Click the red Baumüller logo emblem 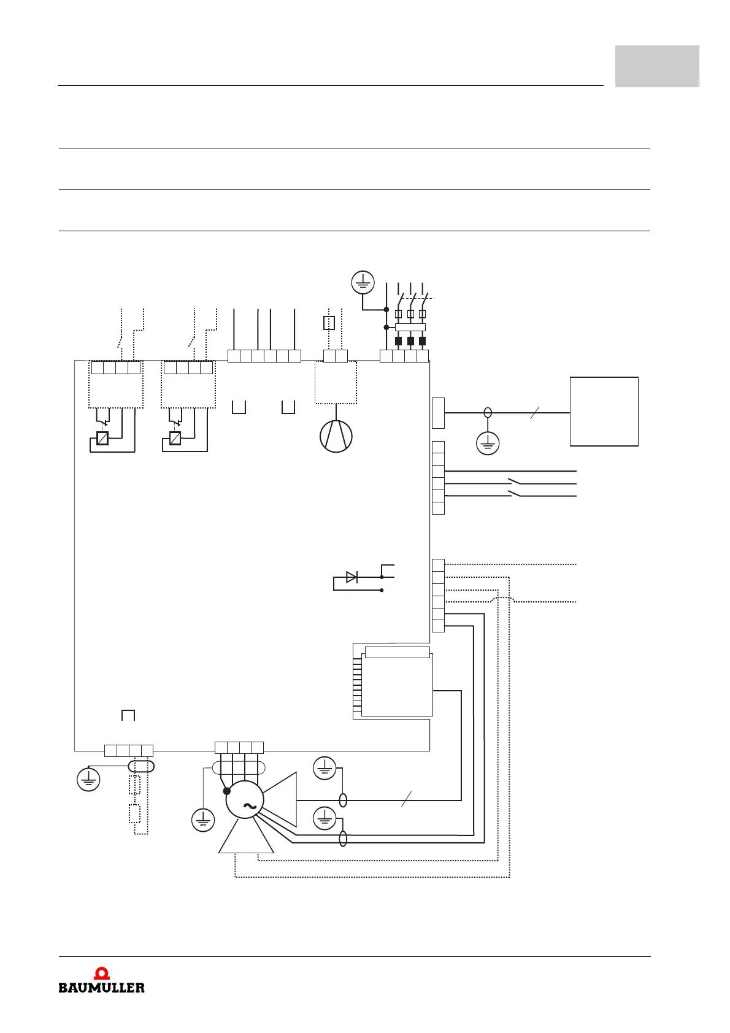(102, 973)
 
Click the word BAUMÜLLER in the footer (102, 988)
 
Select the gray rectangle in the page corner (657, 66)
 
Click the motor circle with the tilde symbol (245, 800)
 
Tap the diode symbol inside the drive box (352, 577)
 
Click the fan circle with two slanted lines (336, 436)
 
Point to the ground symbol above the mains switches (363, 283)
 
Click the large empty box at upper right (604, 412)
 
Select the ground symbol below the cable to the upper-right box (488, 443)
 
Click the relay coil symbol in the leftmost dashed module (102, 438)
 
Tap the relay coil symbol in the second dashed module (175, 438)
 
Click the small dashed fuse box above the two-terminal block (329, 323)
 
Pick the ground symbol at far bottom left (88, 780)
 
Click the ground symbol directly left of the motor (203, 820)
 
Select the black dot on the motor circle (227, 791)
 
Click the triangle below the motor (246, 837)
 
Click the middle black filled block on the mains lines (410, 342)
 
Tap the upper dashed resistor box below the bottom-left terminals (135, 785)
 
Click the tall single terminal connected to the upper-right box (438, 413)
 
